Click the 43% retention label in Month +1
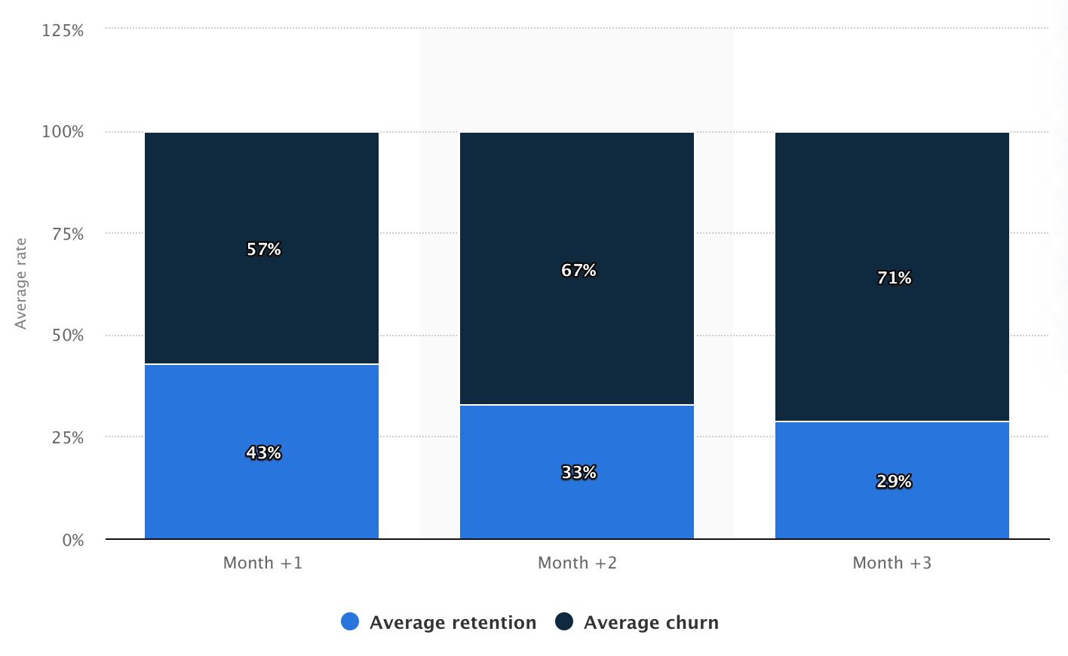click(x=263, y=452)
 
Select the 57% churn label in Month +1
click(x=263, y=249)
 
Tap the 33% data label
click(x=578, y=472)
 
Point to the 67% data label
click(x=578, y=270)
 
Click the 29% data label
click(x=894, y=481)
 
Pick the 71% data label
click(x=894, y=277)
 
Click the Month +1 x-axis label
click(x=262, y=563)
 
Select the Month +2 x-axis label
click(x=577, y=563)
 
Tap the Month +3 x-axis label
click(x=892, y=563)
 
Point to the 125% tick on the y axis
click(x=63, y=30)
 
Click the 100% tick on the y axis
click(x=63, y=132)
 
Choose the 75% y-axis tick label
click(x=67, y=234)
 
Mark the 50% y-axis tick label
click(x=67, y=336)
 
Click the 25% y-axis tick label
click(x=67, y=437)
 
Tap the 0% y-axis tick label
click(x=72, y=540)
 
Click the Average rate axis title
click(x=21, y=284)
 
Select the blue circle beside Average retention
click(x=350, y=621)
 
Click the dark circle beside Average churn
click(x=564, y=621)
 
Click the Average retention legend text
click(x=453, y=622)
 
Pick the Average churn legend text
click(x=651, y=622)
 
